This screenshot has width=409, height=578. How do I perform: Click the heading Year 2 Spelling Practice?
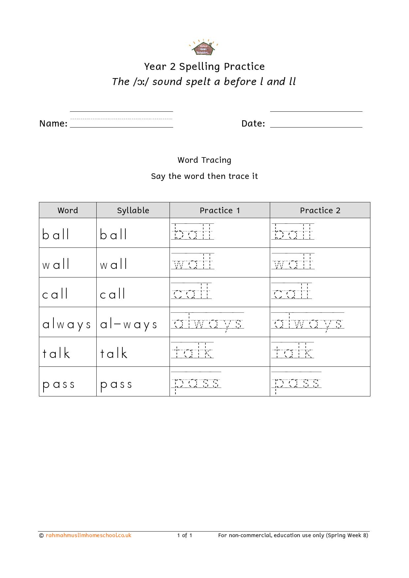click(x=204, y=67)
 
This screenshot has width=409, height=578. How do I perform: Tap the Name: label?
click(x=53, y=123)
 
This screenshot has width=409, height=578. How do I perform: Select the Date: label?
click(x=253, y=123)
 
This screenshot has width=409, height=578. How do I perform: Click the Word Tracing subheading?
click(x=204, y=160)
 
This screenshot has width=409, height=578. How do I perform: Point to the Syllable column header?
click(x=133, y=210)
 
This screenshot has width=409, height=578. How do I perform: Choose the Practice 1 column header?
click(x=220, y=210)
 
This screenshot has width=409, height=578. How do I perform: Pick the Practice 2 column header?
click(x=320, y=210)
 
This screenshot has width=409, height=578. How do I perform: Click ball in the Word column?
click(x=56, y=235)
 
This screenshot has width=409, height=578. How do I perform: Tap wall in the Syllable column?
click(x=113, y=264)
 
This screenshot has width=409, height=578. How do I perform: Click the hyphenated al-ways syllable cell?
click(x=129, y=324)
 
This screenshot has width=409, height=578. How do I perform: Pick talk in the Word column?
click(x=56, y=354)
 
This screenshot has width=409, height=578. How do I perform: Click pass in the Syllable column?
click(x=116, y=384)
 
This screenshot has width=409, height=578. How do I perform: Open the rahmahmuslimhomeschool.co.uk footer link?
click(x=88, y=535)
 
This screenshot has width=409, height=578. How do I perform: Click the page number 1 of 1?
click(x=185, y=535)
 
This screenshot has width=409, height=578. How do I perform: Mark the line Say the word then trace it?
click(x=204, y=176)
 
